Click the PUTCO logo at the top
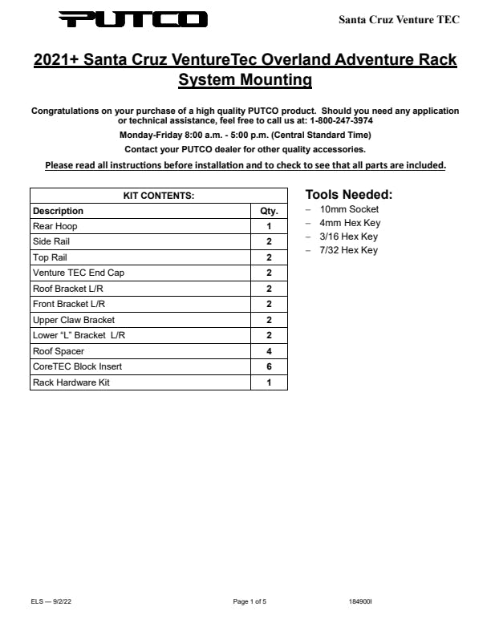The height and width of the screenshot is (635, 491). point(132,19)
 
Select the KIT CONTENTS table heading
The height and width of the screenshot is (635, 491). point(158,196)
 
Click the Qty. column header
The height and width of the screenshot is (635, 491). point(269,211)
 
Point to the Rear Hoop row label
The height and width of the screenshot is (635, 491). point(55,226)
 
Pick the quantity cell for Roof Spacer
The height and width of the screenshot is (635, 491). point(269,351)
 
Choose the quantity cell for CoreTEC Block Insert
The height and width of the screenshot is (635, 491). point(269,366)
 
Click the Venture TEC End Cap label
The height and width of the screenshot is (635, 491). point(79,273)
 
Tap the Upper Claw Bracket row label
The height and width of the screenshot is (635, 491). point(74,320)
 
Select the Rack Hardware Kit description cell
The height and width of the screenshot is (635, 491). point(71,382)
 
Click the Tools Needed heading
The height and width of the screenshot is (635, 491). point(349,195)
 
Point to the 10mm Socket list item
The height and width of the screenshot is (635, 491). point(349,209)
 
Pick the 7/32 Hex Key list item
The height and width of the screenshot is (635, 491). point(348,250)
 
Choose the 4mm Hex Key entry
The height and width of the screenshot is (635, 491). point(350,223)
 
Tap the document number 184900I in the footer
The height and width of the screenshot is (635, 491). point(360,601)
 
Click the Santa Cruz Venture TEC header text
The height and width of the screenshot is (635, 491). point(399,19)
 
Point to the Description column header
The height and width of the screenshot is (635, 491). point(58,211)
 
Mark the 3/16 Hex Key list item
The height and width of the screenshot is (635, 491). point(348,237)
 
